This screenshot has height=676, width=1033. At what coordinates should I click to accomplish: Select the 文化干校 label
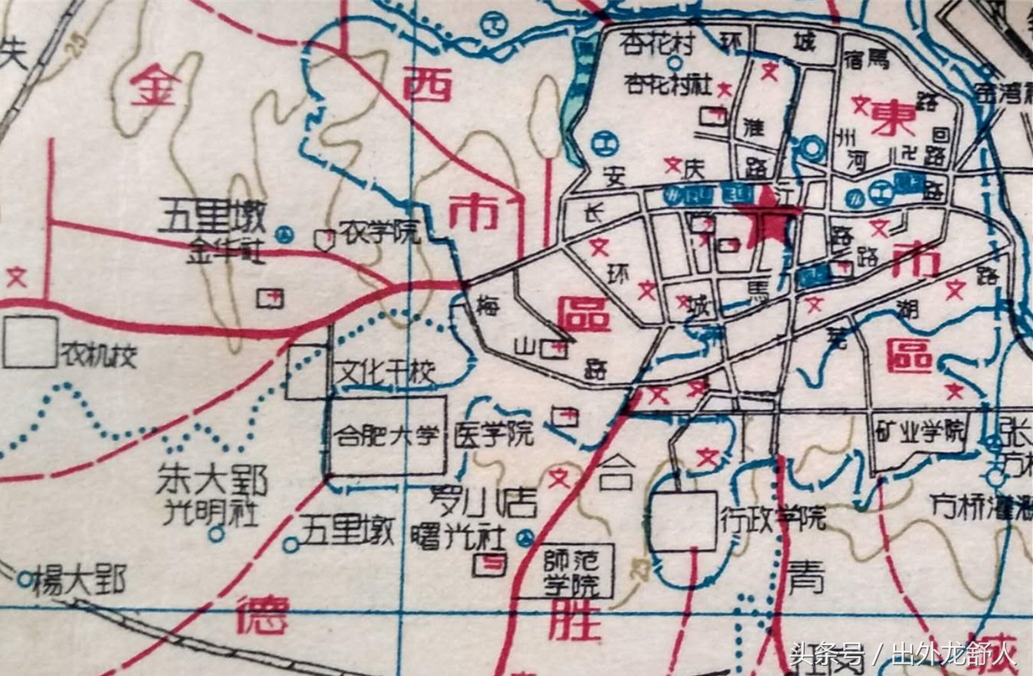(387, 374)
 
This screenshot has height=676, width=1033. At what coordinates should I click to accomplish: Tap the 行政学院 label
(772, 517)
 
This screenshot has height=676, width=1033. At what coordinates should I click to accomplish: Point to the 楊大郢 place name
(78, 581)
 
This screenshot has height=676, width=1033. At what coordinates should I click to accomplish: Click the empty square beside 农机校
(30, 342)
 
